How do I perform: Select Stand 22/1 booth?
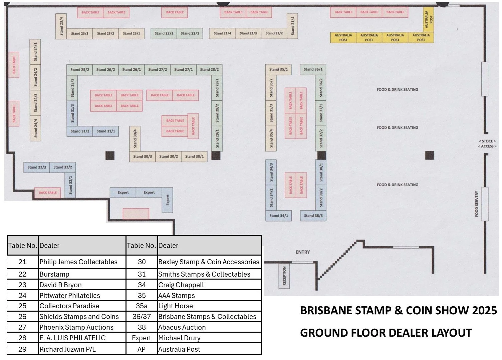(190, 33)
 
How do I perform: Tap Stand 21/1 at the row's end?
(292, 26)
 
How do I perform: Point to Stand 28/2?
(209, 69)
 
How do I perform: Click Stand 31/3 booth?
(72, 113)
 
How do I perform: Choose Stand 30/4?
(135, 138)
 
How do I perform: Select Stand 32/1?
(70, 185)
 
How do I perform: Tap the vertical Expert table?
(168, 200)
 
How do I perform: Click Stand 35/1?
(278, 69)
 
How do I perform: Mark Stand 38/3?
(313, 216)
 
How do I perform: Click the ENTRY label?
(302, 252)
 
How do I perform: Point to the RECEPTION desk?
(284, 276)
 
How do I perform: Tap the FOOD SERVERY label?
(477, 204)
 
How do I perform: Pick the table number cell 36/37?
(142, 317)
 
